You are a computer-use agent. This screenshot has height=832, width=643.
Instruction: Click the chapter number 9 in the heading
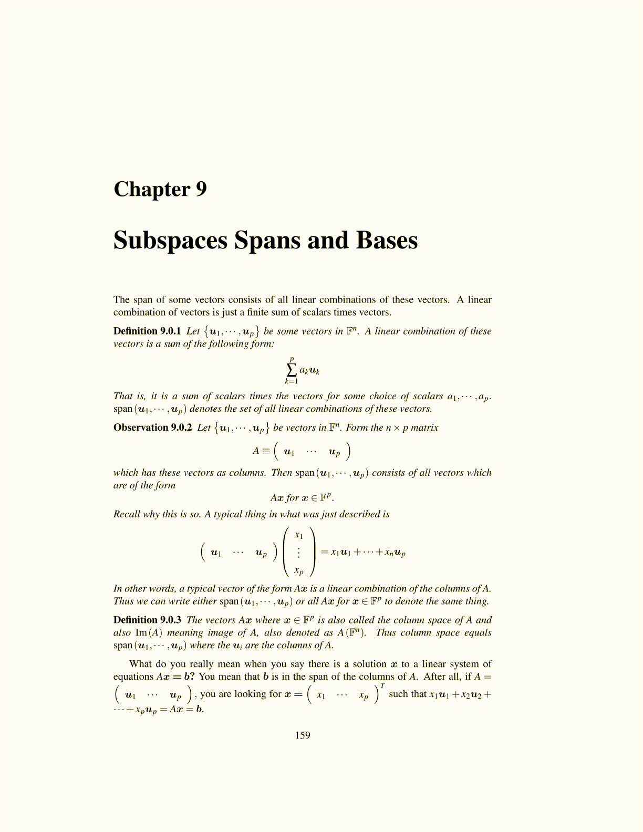point(201,189)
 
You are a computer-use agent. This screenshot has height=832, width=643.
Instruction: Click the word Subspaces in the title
point(170,241)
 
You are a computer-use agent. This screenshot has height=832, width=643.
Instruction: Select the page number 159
point(303,735)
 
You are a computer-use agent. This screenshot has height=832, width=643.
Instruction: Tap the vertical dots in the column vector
point(298,553)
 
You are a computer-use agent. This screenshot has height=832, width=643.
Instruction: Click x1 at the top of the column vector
point(298,535)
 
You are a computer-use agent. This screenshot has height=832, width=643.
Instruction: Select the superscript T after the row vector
point(382,685)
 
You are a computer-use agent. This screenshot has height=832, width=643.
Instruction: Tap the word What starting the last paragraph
point(141,664)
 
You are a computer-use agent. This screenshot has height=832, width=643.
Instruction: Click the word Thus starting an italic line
point(122,601)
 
